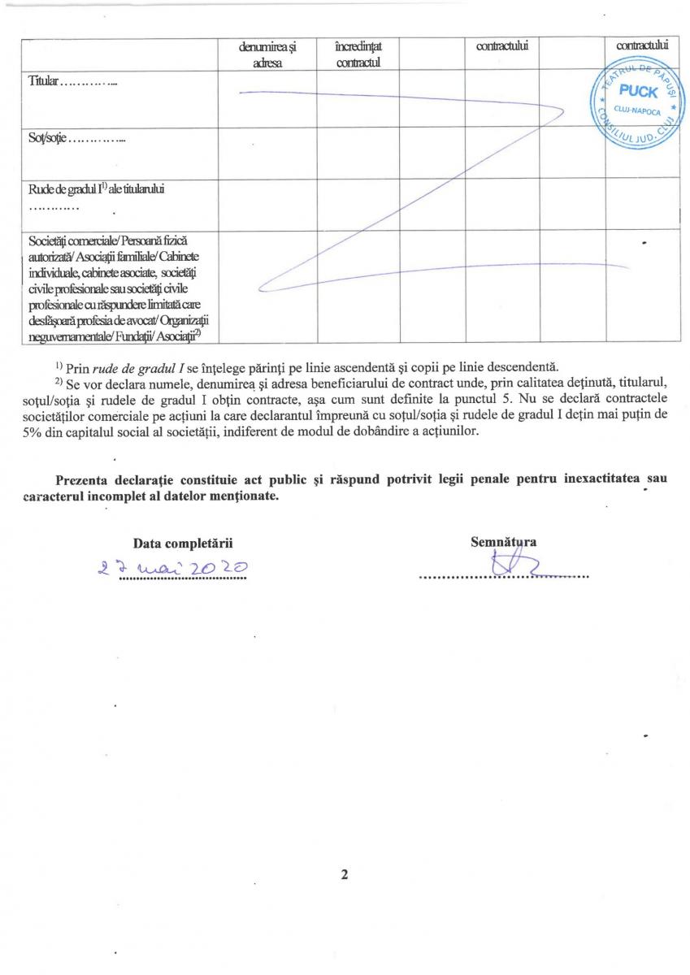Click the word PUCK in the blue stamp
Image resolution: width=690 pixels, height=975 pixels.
(x=638, y=92)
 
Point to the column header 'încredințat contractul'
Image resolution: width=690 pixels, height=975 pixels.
(x=357, y=55)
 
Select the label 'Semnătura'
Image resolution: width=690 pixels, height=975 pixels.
(x=503, y=541)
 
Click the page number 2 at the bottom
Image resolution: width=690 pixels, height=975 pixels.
(x=345, y=876)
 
